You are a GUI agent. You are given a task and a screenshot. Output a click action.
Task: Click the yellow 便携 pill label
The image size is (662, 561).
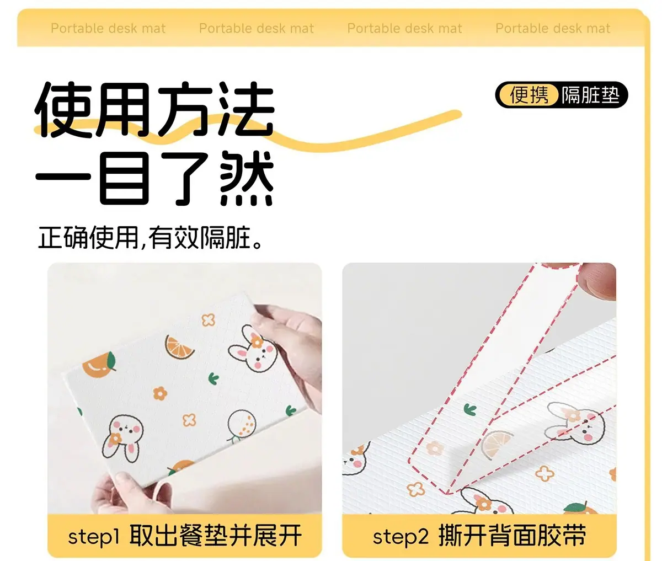(x=528, y=95)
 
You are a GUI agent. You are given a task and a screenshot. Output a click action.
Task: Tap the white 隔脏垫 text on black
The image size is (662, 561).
(x=591, y=95)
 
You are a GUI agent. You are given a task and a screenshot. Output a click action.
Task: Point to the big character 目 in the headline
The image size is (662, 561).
(x=124, y=179)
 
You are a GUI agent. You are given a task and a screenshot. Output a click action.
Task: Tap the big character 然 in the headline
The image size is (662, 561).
(x=246, y=179)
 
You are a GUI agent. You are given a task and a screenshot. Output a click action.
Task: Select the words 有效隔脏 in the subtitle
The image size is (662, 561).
(x=199, y=238)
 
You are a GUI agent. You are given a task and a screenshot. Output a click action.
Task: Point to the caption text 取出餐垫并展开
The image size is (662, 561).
(x=216, y=536)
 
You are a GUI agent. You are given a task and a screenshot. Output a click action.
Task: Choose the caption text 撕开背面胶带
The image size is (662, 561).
(x=512, y=536)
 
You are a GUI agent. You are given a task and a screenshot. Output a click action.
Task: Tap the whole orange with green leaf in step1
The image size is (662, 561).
(x=99, y=365)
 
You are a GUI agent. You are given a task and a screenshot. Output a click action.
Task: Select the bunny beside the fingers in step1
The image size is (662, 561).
(x=253, y=349)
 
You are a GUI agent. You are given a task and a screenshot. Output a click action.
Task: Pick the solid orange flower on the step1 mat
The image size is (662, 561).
(x=160, y=393)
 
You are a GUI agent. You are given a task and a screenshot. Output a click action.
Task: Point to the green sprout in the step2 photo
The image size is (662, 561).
(x=470, y=409)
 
